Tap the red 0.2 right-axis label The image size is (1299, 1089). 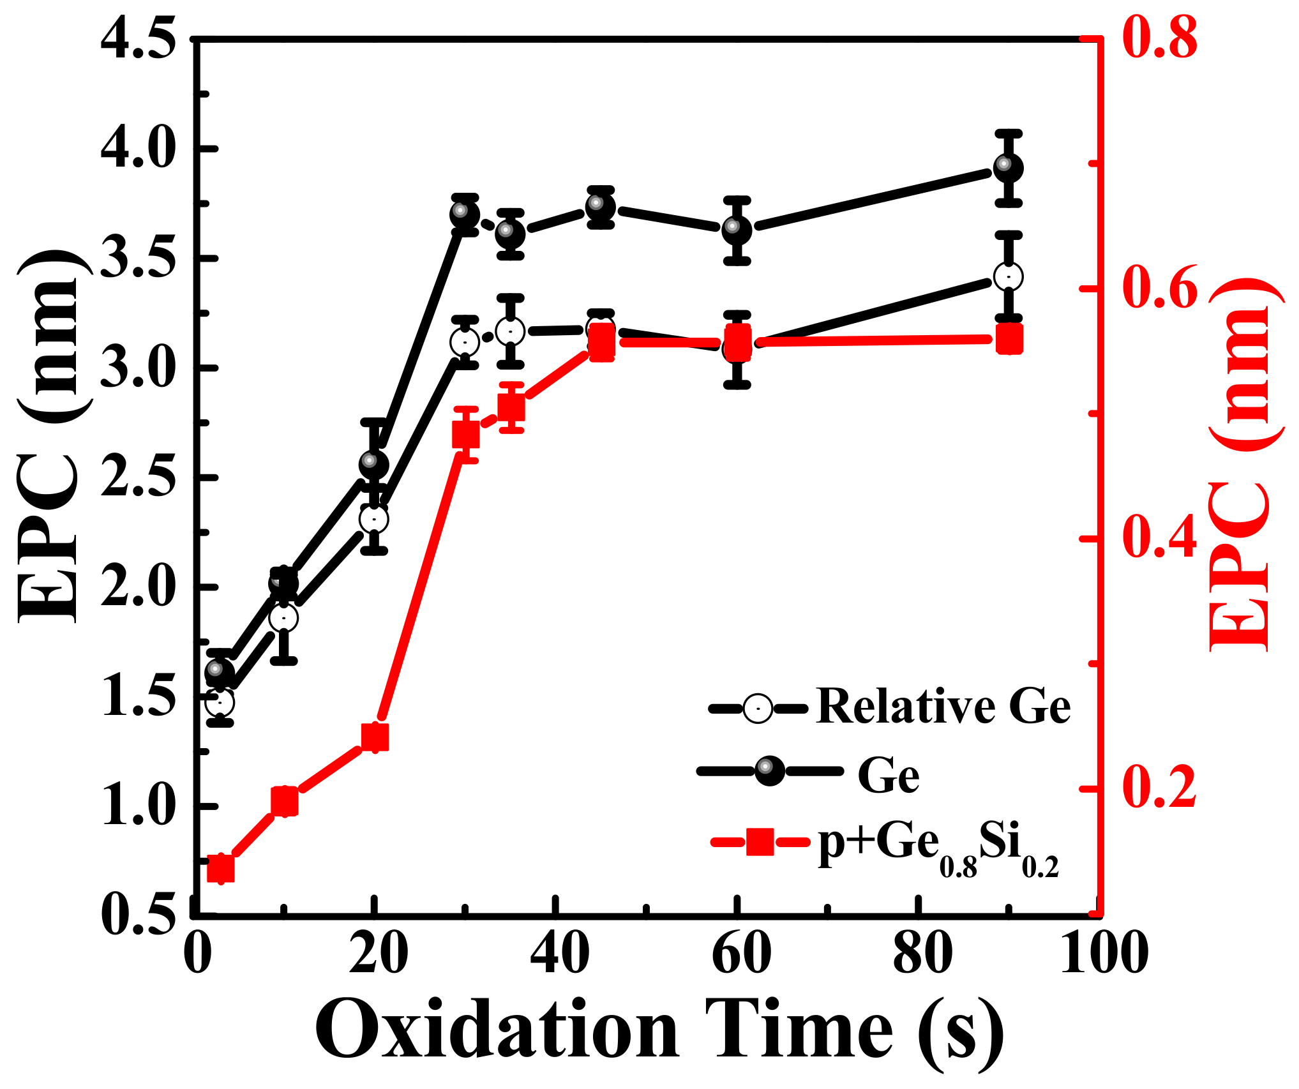pos(1159,789)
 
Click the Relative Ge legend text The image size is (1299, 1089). pos(943,707)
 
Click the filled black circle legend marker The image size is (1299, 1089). pos(769,771)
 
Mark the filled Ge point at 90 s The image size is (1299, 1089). pos(1009,168)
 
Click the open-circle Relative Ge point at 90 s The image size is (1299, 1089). pos(1009,277)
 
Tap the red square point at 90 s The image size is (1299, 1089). pos(1009,339)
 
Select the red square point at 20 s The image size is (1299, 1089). pos(375,737)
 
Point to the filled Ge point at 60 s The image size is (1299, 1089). pos(737,230)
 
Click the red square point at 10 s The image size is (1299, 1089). pos(285,802)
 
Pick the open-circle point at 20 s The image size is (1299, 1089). pos(374,519)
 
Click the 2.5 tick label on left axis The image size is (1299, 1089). pos(138,477)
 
